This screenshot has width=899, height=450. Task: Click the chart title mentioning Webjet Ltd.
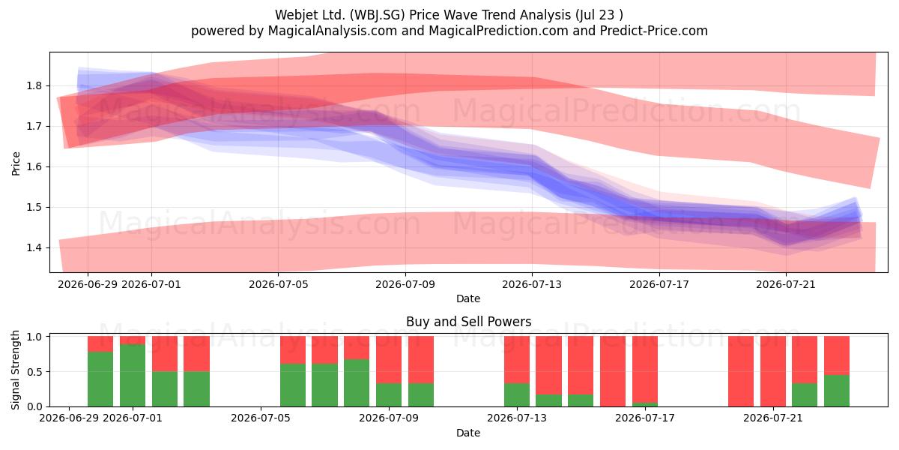(x=449, y=15)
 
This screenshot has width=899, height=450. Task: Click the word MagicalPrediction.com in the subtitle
(x=498, y=31)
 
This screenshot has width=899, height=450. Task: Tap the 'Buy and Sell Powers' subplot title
(x=468, y=322)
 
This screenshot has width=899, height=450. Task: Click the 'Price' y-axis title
(x=16, y=163)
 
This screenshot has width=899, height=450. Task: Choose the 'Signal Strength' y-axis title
(x=15, y=370)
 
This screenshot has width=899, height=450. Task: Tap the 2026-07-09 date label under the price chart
(x=405, y=284)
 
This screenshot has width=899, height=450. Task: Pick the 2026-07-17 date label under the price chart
(x=659, y=284)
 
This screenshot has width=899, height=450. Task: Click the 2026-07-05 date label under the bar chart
(x=261, y=418)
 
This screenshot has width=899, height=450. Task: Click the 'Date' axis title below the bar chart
(x=468, y=433)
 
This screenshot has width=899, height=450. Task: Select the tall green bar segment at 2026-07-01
(x=133, y=375)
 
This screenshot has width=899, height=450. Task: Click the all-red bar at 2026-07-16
(x=613, y=371)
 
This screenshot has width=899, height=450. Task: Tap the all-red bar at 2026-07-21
(x=773, y=371)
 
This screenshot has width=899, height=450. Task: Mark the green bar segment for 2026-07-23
(x=837, y=391)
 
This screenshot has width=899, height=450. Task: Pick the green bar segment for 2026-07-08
(x=357, y=382)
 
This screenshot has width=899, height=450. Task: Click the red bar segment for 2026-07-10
(x=421, y=359)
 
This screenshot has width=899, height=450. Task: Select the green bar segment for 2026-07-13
(x=517, y=394)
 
